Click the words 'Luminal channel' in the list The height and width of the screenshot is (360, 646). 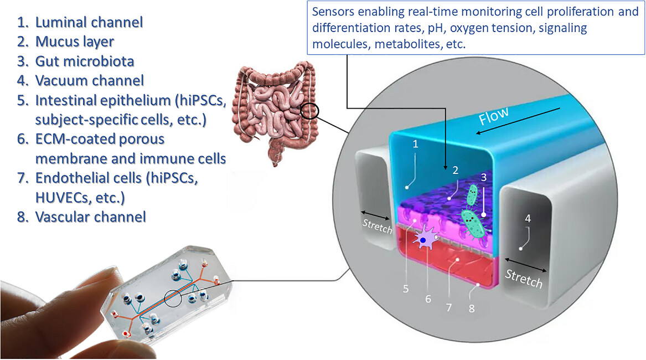click(x=89, y=22)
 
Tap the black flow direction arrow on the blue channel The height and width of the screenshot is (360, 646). click(x=518, y=121)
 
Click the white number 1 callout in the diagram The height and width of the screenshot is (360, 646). click(x=415, y=144)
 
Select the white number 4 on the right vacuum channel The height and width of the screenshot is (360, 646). click(x=528, y=218)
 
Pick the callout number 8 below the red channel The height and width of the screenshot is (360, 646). click(x=472, y=308)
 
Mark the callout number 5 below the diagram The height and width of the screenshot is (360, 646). click(x=406, y=289)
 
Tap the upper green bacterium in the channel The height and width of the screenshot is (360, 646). click(x=472, y=195)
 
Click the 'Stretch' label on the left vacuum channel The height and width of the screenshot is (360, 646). click(x=377, y=226)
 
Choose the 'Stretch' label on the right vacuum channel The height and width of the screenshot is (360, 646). click(x=524, y=278)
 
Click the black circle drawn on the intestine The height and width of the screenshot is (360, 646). click(x=310, y=111)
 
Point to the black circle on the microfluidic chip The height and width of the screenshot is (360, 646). click(x=173, y=299)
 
